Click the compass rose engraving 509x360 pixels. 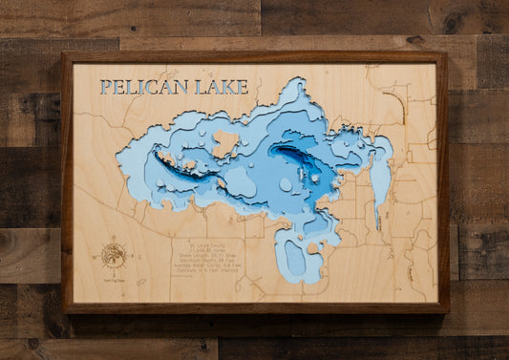tap(114, 254)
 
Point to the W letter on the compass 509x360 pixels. tap(102, 254)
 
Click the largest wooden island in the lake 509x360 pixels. tap(224, 144)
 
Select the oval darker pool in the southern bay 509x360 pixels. tap(296, 258)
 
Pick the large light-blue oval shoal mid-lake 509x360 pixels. tap(286, 183)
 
